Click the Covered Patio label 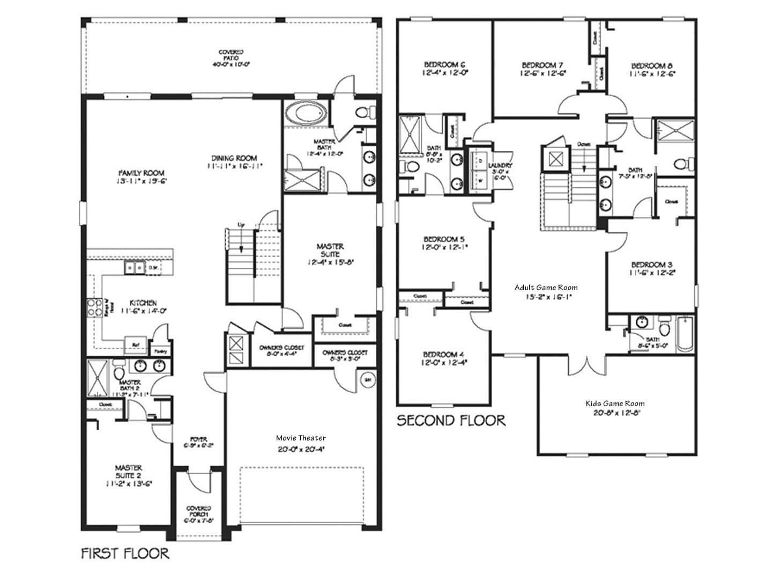[x=231, y=55]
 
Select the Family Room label [x=142, y=173]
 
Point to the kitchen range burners [x=95, y=309]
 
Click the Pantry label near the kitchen [x=161, y=351]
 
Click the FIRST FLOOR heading [x=125, y=553]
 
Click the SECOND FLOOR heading [x=451, y=420]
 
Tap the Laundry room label [x=503, y=166]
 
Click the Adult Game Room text [x=546, y=288]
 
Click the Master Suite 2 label [x=128, y=471]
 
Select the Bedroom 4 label [x=443, y=355]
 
